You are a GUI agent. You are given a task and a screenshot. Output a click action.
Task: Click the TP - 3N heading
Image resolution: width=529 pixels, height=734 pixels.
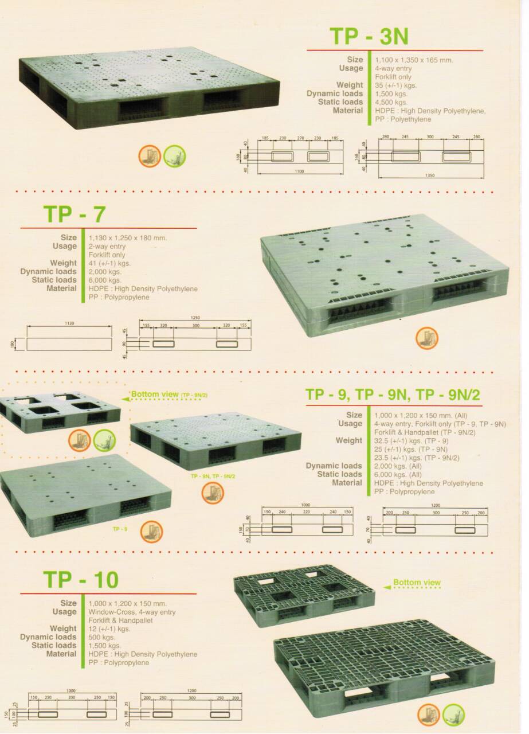[x=369, y=36]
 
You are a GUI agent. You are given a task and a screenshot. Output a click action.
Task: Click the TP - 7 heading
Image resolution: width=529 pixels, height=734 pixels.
[x=75, y=213]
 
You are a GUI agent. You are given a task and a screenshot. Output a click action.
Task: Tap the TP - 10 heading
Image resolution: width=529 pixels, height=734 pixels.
[x=80, y=580]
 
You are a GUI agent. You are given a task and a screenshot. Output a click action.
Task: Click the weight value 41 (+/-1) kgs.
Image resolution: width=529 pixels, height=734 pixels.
[x=110, y=263]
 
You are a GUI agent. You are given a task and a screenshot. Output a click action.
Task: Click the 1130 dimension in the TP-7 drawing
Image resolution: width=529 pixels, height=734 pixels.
[x=69, y=323]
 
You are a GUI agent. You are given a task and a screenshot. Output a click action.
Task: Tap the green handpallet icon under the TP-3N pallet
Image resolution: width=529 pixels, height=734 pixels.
[x=175, y=155]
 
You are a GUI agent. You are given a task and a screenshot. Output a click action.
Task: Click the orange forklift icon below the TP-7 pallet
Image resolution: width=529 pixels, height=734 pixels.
[x=426, y=338]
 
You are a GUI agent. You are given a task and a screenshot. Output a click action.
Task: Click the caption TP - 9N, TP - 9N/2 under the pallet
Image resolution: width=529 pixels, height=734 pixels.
[x=213, y=476]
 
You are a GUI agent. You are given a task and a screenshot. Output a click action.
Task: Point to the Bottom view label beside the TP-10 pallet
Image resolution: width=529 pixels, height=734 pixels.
[x=417, y=583]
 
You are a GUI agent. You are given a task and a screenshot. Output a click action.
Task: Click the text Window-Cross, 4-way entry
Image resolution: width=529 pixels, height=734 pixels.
[x=132, y=612]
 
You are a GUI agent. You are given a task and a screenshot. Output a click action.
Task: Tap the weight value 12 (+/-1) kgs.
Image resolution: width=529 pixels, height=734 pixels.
[x=109, y=628]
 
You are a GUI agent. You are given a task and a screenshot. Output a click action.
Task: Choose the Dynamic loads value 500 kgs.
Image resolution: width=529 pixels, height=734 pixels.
[x=101, y=637]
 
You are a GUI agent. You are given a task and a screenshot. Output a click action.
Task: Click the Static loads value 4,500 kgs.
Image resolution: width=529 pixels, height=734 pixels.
[x=391, y=102]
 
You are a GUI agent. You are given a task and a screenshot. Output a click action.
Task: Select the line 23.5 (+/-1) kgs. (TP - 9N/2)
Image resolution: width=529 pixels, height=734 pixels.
[x=425, y=458]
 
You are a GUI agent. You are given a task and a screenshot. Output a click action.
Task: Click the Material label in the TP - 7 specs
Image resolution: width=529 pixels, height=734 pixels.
[x=61, y=288]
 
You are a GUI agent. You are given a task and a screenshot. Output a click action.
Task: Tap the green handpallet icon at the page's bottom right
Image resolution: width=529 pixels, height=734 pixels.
[x=453, y=715]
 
